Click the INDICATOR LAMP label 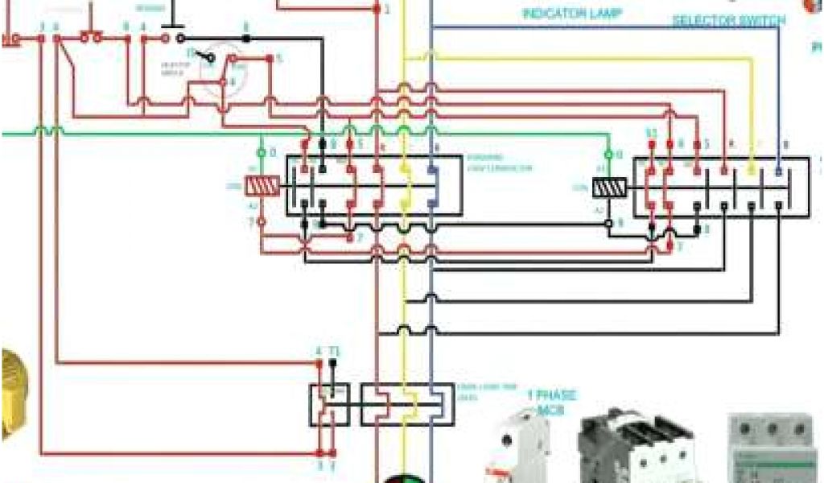click(572, 14)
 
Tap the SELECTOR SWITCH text click(729, 20)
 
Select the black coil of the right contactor click(609, 188)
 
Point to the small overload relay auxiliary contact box click(329, 404)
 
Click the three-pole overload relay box click(406, 404)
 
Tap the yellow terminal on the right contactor click(752, 171)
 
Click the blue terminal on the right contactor click(778, 171)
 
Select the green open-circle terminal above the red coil click(261, 152)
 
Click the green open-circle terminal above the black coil click(609, 153)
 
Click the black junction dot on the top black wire click(245, 38)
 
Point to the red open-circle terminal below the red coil click(261, 220)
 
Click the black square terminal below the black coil click(609, 221)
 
